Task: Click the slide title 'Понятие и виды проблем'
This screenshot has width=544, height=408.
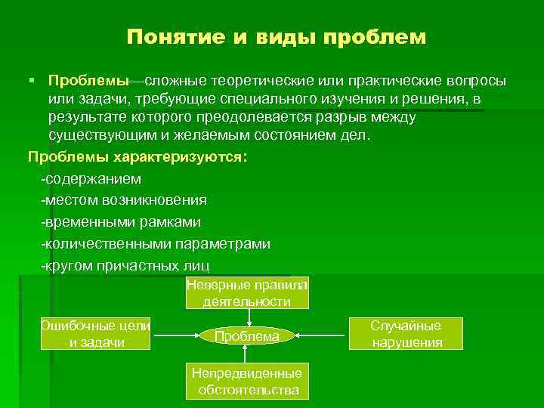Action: (277, 37)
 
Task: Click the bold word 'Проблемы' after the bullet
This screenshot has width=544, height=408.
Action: (88, 81)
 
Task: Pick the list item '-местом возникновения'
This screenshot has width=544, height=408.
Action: (124, 201)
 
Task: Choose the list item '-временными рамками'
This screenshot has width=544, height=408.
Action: (121, 223)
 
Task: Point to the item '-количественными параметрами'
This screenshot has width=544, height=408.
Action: (156, 245)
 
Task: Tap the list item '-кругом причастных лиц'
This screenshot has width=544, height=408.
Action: (125, 266)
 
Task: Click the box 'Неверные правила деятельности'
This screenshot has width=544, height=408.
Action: (247, 293)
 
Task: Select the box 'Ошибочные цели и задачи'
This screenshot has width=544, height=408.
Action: (95, 333)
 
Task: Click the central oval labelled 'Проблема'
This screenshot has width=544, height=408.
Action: (247, 335)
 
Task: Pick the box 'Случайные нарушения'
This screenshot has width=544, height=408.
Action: (406, 333)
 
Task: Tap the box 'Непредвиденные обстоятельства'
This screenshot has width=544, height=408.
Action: (247, 382)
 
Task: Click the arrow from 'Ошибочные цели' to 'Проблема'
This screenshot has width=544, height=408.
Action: (175, 334)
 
